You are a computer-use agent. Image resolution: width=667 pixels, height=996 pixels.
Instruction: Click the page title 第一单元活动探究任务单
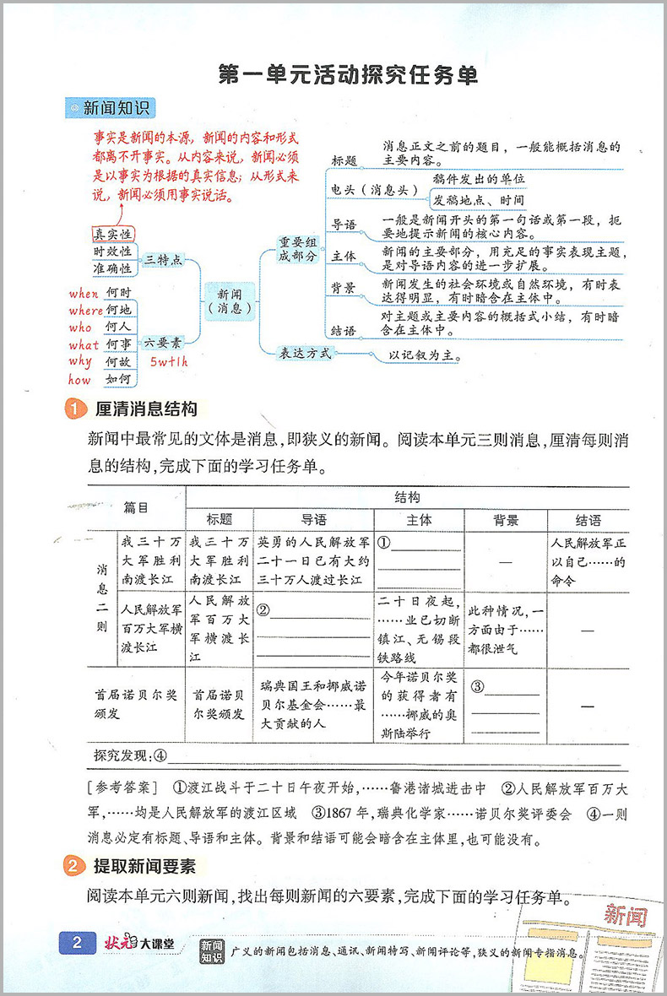point(347,75)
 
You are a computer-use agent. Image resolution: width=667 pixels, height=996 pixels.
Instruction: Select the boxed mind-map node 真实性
point(112,234)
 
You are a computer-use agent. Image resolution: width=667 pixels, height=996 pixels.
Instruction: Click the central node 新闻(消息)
point(230,301)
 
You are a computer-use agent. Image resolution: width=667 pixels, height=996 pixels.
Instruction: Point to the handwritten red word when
point(84,293)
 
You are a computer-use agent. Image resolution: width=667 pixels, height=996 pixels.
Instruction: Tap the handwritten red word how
point(79,381)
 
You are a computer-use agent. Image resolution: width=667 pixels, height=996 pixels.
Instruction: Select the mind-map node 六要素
point(162,344)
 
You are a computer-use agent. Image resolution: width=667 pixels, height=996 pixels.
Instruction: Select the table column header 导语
point(313,519)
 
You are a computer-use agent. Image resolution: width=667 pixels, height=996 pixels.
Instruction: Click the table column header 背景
point(504,519)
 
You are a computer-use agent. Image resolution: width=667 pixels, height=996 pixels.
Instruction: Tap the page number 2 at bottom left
point(77,943)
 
